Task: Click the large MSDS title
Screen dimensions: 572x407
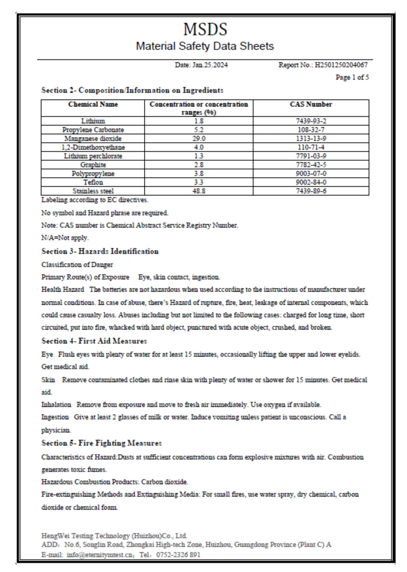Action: pyautogui.click(x=205, y=30)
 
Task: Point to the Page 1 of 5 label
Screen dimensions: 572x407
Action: pyautogui.click(x=352, y=77)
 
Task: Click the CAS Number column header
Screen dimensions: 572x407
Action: pyautogui.click(x=311, y=104)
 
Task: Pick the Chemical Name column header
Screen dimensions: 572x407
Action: pyautogui.click(x=93, y=104)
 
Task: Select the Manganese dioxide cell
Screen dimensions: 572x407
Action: pyautogui.click(x=93, y=139)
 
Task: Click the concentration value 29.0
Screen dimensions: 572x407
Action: pyautogui.click(x=199, y=139)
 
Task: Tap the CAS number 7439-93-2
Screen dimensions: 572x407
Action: pyautogui.click(x=311, y=121)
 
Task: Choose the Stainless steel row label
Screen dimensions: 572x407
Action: pyautogui.click(x=93, y=191)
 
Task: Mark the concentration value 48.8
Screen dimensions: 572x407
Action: pyautogui.click(x=199, y=191)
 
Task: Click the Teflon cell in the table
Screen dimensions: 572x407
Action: pyautogui.click(x=93, y=182)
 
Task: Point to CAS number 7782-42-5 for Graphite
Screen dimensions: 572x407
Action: pyautogui.click(x=311, y=165)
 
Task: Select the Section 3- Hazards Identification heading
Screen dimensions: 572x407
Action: pyautogui.click(x=100, y=251)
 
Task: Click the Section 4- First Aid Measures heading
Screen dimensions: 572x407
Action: pyautogui.click(x=94, y=341)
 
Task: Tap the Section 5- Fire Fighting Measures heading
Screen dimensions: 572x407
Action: pyautogui.click(x=102, y=443)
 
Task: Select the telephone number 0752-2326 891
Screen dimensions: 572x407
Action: pyautogui.click(x=178, y=554)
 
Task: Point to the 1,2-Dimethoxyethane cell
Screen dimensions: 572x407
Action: pyautogui.click(x=93, y=147)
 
